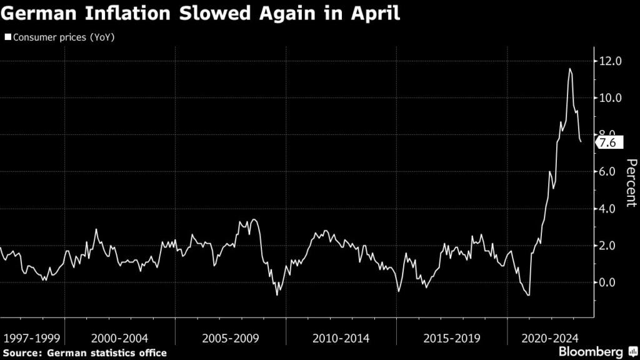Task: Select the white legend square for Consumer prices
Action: pyautogui.click(x=7, y=37)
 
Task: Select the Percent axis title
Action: pyautogui.click(x=631, y=182)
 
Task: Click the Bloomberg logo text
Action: pyautogui.click(x=592, y=351)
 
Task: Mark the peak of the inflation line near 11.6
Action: pyautogui.click(x=569, y=69)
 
